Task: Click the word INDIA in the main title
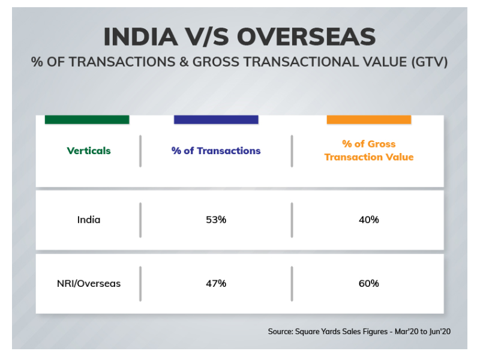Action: point(141,37)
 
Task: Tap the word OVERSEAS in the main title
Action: point(307,37)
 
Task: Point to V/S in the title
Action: point(207,37)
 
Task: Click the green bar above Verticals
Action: point(87,119)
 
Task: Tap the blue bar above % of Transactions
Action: point(216,119)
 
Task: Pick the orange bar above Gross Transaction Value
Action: point(369,119)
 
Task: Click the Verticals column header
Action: point(89,151)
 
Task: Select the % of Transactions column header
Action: point(216,151)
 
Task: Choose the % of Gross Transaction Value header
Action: point(369,151)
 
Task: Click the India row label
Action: point(89,220)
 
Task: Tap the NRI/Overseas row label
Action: point(89,283)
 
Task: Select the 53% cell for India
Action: point(216,220)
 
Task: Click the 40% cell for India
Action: point(369,220)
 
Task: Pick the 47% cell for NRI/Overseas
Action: point(216,283)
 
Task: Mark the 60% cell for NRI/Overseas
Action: point(369,283)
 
